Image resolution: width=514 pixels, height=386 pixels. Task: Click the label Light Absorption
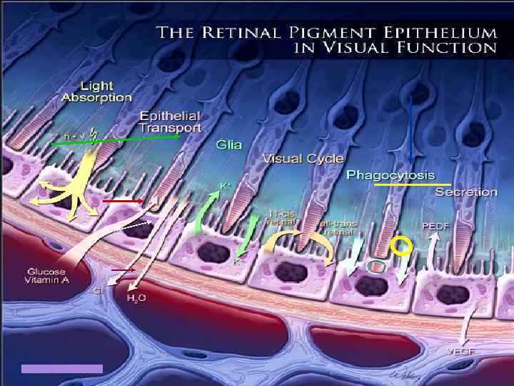(x=106, y=91)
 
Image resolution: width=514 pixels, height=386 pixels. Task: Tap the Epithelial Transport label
(x=170, y=121)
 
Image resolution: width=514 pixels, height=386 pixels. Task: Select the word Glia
(x=228, y=144)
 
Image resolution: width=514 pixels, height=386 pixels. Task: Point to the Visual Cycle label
(x=303, y=158)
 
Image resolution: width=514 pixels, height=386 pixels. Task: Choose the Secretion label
(x=465, y=192)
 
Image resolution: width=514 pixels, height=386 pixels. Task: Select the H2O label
(x=136, y=297)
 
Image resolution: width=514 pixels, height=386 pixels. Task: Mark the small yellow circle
(x=402, y=247)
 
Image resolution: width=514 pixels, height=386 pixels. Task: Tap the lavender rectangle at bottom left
(x=62, y=369)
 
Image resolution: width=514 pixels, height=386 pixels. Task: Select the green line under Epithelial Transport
(x=122, y=142)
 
